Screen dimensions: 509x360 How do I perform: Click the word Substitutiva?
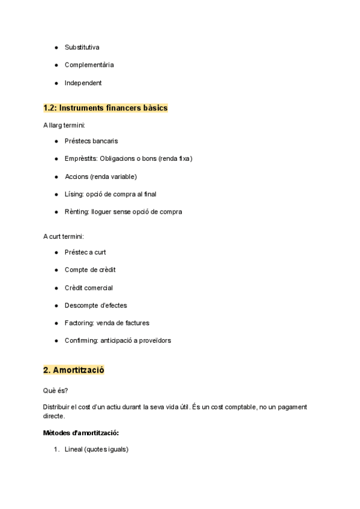pos(82,47)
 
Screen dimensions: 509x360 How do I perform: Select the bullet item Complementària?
pos(89,65)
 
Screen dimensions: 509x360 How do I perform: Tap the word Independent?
pos(83,83)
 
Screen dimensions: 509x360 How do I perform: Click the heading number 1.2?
pos(50,108)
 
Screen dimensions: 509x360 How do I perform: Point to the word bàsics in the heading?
pos(153,108)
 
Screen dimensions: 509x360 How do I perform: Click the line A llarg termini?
pos(64,125)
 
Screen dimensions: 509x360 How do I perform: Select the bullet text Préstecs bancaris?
pos(91,141)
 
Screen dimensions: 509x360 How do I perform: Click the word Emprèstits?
pos(80,158)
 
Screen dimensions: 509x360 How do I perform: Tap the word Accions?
pos(77,176)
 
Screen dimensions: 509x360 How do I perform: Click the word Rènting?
pos(77,211)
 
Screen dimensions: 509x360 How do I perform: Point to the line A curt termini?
pos(64,236)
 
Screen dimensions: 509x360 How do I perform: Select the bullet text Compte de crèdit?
pos(89,270)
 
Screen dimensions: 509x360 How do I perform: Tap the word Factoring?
pos(79,323)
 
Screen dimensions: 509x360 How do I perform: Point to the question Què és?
pos(55,390)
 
